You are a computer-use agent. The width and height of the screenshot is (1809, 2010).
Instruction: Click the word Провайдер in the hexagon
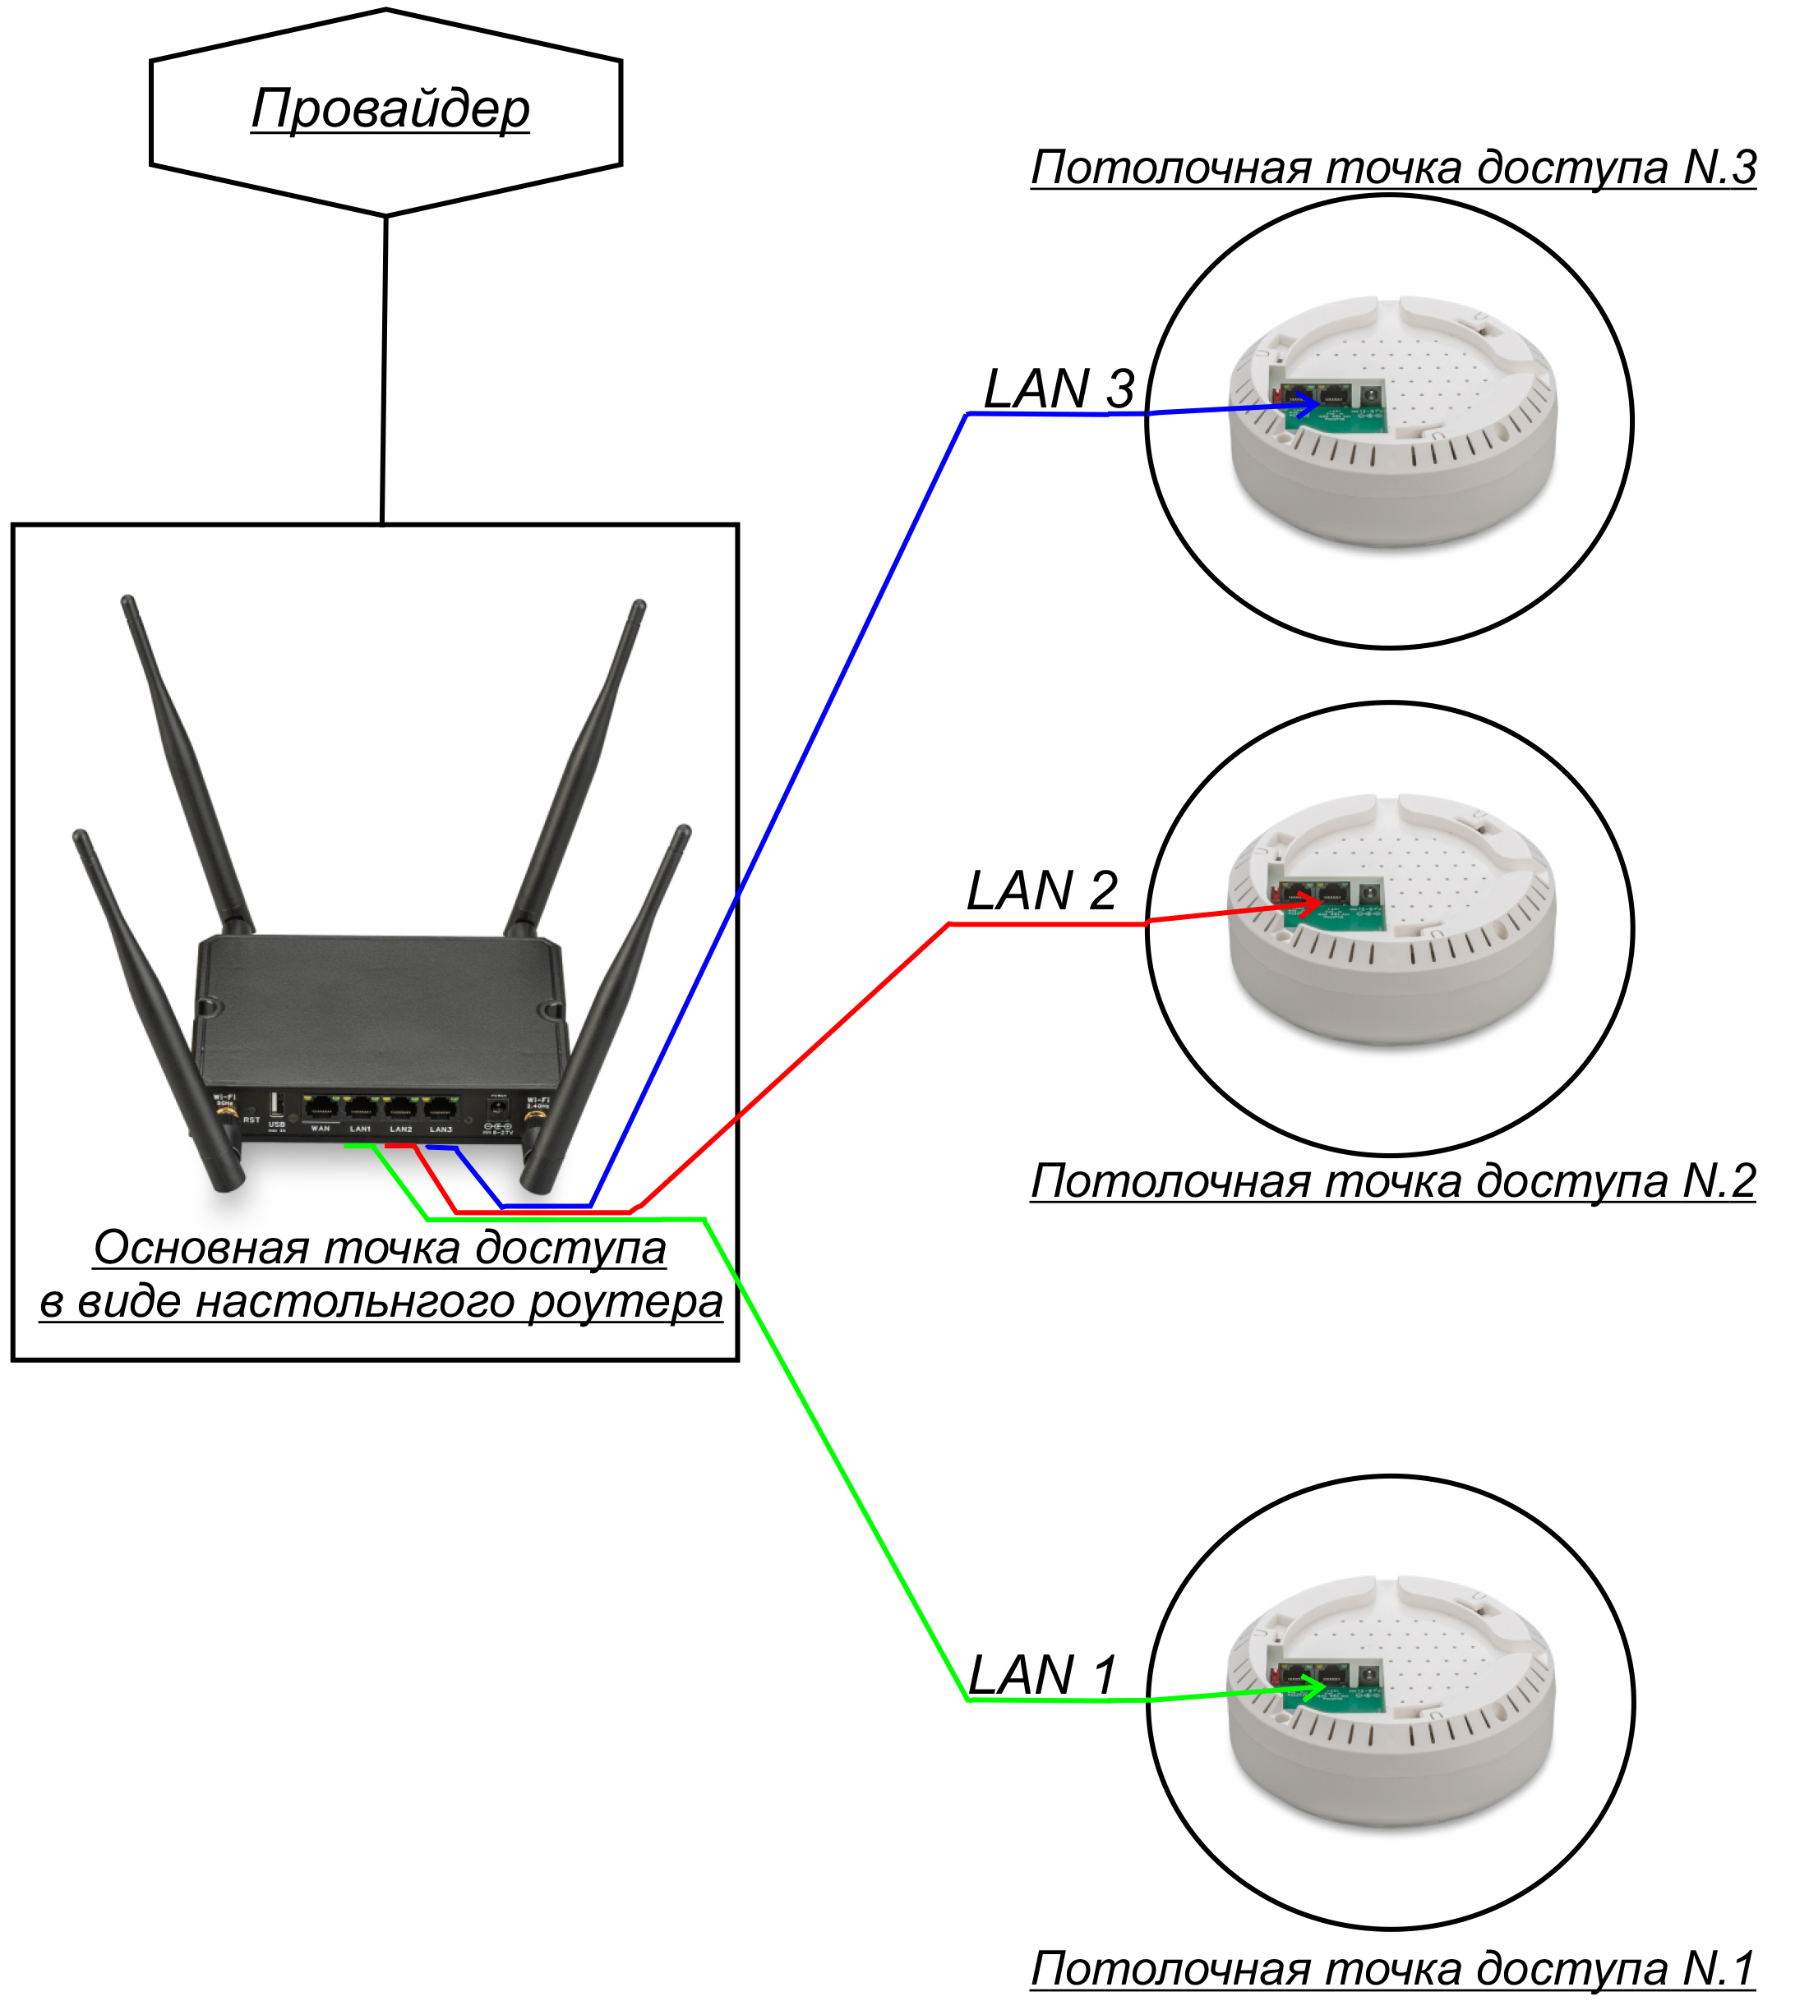390,108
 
